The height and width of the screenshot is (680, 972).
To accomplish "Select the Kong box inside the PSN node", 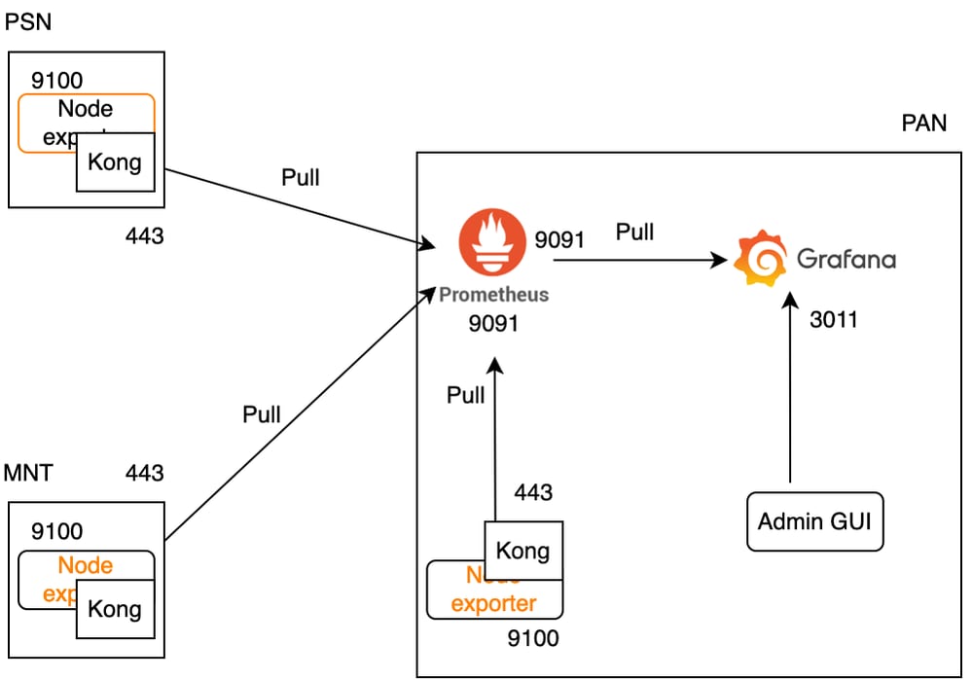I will [x=115, y=162].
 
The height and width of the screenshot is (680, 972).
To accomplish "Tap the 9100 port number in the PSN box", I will [x=57, y=81].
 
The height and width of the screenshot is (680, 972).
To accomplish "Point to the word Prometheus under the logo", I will [x=493, y=294].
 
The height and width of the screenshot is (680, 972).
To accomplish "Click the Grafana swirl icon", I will [x=758, y=259].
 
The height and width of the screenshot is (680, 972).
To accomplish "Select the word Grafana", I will [x=846, y=259].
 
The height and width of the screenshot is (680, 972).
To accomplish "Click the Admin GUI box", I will [x=814, y=520].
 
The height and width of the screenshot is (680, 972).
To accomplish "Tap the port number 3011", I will [x=834, y=319].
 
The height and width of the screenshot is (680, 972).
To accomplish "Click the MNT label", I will [x=28, y=474].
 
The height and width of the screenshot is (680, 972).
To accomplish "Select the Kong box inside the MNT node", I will [x=115, y=609].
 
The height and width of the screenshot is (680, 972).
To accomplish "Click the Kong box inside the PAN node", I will [x=523, y=551].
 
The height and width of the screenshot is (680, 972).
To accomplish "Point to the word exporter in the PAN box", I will [x=494, y=603].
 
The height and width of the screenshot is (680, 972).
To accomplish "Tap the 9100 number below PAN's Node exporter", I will [x=533, y=638].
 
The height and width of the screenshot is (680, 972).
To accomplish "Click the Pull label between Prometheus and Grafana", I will [x=634, y=232].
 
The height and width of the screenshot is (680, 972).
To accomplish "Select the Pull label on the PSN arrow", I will [x=300, y=177].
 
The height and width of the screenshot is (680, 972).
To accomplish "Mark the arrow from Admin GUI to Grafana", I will [x=789, y=389].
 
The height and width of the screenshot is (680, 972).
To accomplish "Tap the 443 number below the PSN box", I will [x=145, y=235].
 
